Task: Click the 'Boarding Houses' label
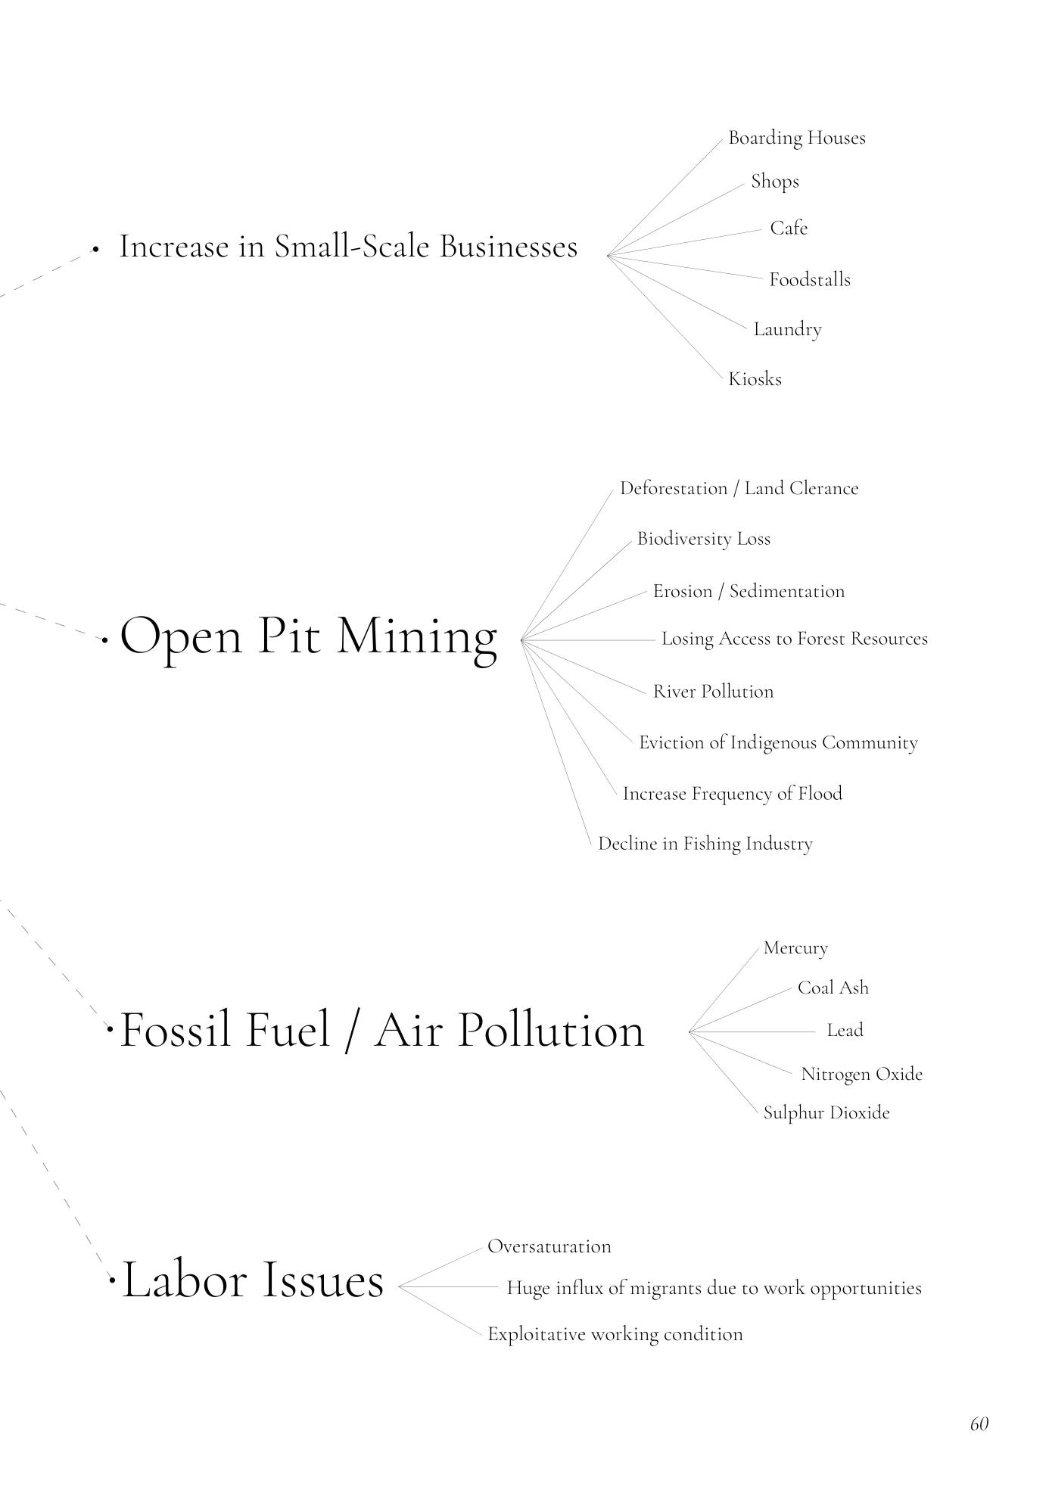pos(796,138)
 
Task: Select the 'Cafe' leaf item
pos(789,228)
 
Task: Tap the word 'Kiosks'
pos(755,379)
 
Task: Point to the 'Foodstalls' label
pos(810,280)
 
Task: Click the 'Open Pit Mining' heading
pos(309,636)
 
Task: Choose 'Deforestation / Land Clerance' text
pos(739,489)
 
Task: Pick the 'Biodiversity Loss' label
pos(703,539)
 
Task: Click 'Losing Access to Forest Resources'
pos(794,639)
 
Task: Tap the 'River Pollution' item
pos(713,692)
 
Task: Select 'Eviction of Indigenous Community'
pos(778,743)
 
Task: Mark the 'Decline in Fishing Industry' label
pos(705,844)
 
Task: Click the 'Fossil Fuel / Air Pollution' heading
pos(382,1030)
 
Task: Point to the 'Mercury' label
pos(795,948)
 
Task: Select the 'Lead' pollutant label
pos(845,1030)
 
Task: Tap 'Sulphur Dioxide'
pos(826,1113)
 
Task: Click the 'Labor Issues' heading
pos(253,1280)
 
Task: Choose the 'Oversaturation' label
pos(549,1246)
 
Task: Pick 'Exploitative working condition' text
pos(615,1334)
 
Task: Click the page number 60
pos(979,1423)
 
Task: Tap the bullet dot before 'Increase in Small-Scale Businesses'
pos(95,248)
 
